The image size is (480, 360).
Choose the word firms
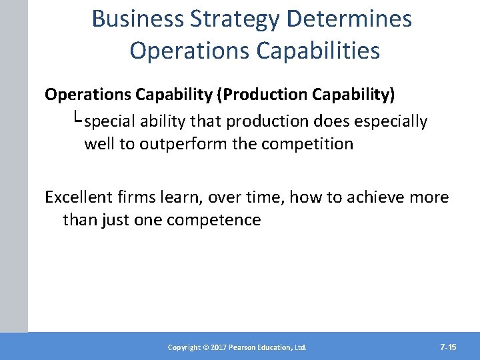137,197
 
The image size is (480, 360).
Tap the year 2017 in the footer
219,347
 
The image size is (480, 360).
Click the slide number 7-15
448,347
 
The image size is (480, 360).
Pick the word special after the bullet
110,121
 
